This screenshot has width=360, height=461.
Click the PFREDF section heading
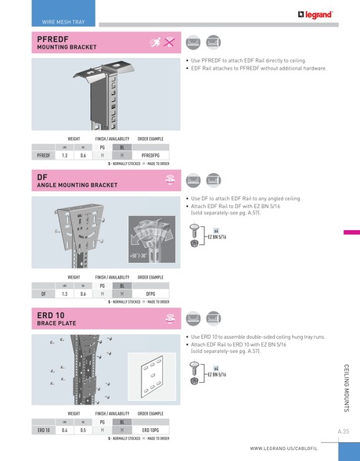click(51, 38)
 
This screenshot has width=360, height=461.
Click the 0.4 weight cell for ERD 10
click(65, 430)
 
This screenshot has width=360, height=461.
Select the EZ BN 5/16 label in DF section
click(217, 236)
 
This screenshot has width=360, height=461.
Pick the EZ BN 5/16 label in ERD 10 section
click(217, 374)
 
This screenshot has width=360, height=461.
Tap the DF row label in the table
click(43, 294)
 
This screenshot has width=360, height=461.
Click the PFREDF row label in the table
click(44, 156)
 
